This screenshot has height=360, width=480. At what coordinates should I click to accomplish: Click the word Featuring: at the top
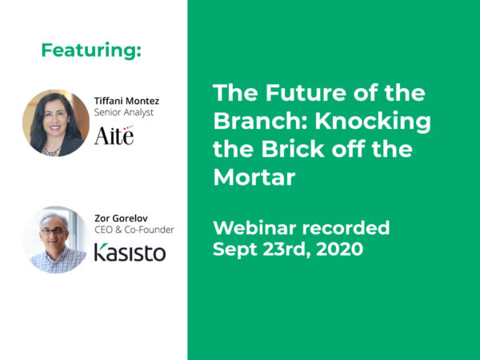91,50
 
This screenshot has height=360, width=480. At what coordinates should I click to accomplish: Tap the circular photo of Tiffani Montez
55,122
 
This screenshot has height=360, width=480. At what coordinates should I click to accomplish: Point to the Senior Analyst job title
124,113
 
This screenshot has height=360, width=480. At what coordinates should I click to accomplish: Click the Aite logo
114,136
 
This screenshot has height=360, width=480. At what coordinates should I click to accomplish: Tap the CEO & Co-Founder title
134,230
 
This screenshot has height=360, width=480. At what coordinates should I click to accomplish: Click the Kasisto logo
130,253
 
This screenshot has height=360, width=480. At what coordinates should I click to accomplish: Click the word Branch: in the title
254,122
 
